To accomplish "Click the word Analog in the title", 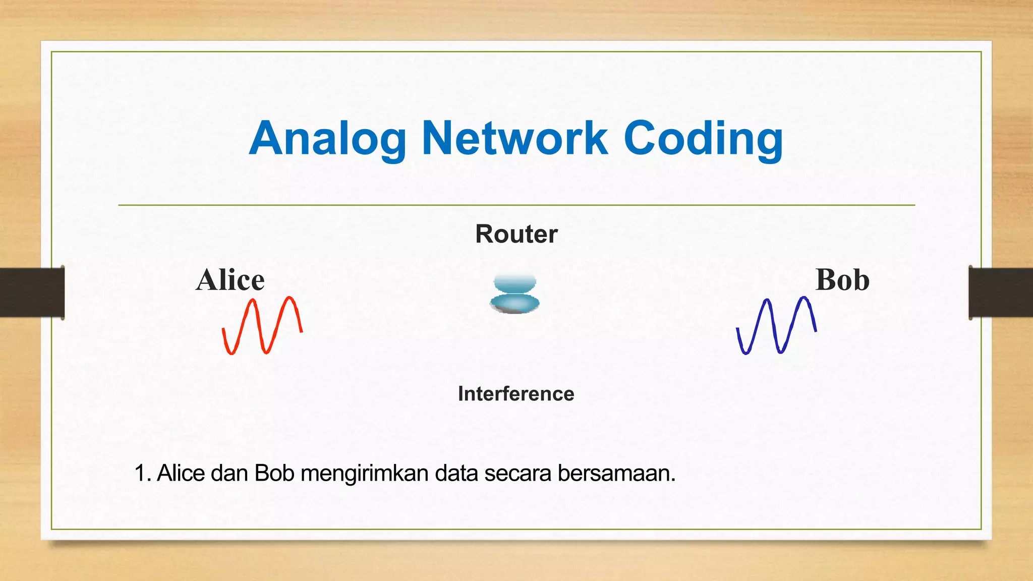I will pyautogui.click(x=328, y=139).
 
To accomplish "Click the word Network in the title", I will pyautogui.click(x=514, y=139).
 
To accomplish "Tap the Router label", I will pyautogui.click(x=516, y=234).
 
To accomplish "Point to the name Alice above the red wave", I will pyautogui.click(x=230, y=280).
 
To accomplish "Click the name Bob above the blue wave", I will pyautogui.click(x=842, y=280).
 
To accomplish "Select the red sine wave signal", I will pyautogui.click(x=262, y=326).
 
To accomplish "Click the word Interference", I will pyautogui.click(x=516, y=394).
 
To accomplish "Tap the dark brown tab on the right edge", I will pyautogui.click(x=1001, y=293).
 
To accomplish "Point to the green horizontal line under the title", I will pyautogui.click(x=516, y=205).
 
